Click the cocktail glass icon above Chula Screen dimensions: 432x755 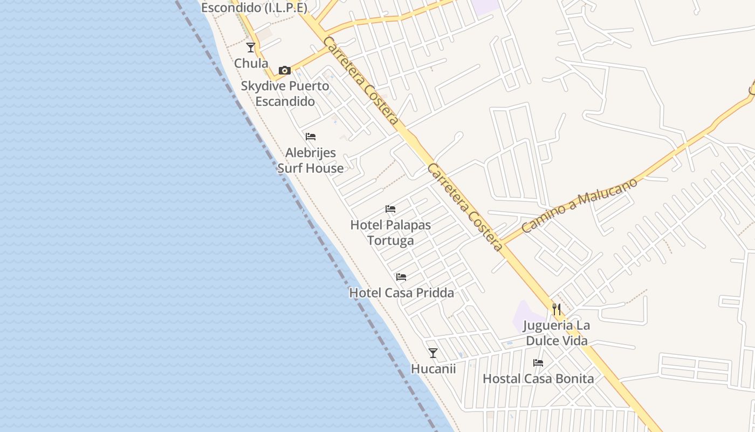(251, 48)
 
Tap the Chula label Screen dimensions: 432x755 (251, 63)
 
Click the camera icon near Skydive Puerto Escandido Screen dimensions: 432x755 (285, 70)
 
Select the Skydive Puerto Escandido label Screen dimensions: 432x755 (285, 93)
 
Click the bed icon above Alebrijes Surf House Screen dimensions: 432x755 (311, 137)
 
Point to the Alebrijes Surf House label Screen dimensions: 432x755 (311, 160)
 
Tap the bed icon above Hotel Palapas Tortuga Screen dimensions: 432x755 (390, 209)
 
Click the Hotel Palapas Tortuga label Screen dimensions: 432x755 (390, 232)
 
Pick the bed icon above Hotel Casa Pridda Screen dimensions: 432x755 (401, 277)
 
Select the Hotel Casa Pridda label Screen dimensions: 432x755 (401, 293)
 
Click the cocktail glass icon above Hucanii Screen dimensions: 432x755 (433, 353)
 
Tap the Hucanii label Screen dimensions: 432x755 (433, 369)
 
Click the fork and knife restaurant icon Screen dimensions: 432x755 (557, 309)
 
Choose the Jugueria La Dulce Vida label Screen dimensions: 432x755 (557, 333)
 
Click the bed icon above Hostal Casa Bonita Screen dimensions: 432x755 (538, 363)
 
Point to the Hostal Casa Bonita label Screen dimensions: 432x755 (538, 379)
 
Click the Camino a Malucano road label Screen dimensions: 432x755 (580, 205)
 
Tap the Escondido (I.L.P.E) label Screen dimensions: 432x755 (254, 8)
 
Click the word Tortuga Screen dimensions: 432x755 (390, 240)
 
